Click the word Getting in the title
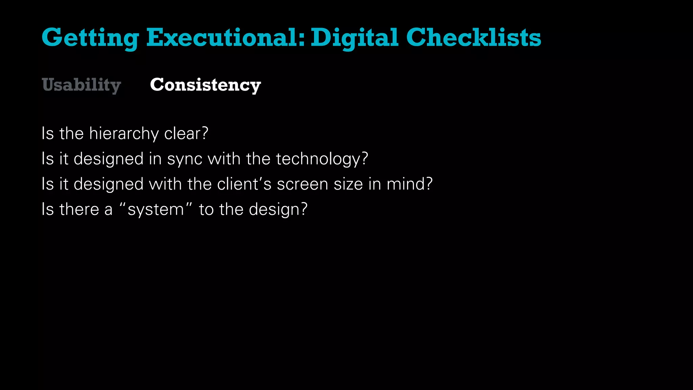pyautogui.click(x=90, y=38)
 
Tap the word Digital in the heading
pyautogui.click(x=354, y=38)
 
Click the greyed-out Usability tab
pyautogui.click(x=81, y=85)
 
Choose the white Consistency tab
pyautogui.click(x=205, y=85)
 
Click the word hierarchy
pyautogui.click(x=124, y=134)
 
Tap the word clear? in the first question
pyautogui.click(x=186, y=133)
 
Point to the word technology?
pyautogui.click(x=322, y=159)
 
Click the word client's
pyautogui.click(x=244, y=184)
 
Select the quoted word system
pyautogui.click(x=156, y=210)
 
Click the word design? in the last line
pyautogui.click(x=278, y=210)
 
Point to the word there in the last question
pyautogui.click(x=79, y=209)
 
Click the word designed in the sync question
pyautogui.click(x=108, y=159)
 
